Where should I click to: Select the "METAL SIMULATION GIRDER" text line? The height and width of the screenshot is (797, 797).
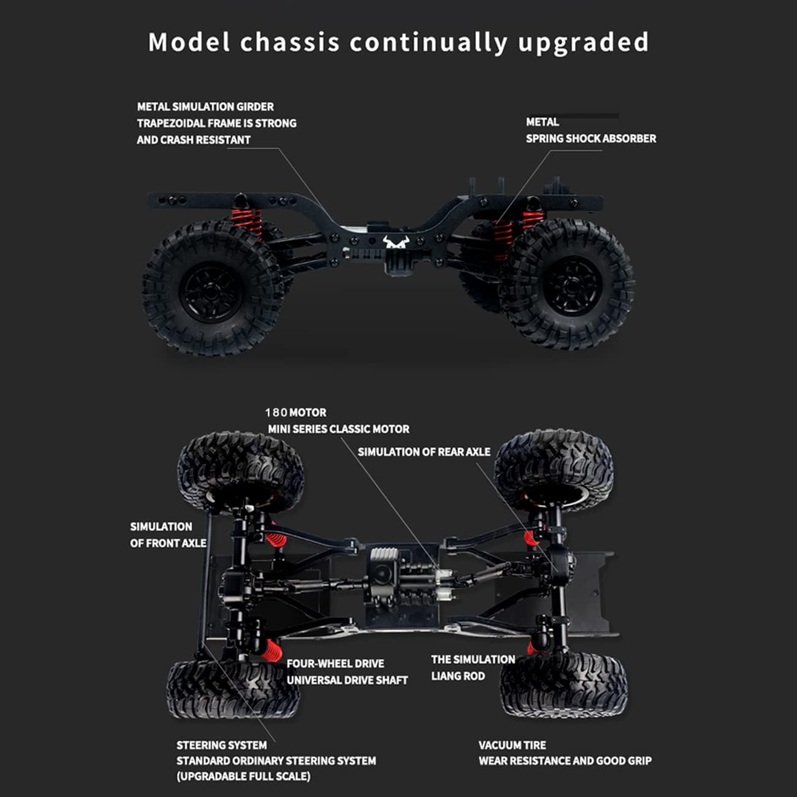[205, 107]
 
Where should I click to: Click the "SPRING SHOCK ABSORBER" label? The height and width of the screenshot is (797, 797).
[590, 139]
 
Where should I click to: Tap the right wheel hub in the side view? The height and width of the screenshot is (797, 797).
[571, 285]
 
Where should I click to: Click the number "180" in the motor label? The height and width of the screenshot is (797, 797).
[276, 413]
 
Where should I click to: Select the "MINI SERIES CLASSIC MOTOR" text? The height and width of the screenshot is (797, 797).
[338, 429]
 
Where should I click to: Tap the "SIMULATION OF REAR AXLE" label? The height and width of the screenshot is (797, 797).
[424, 452]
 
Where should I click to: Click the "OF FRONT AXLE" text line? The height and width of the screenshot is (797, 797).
[168, 543]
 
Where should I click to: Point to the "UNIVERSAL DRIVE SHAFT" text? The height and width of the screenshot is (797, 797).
[347, 680]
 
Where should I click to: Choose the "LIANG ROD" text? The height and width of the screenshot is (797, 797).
[457, 676]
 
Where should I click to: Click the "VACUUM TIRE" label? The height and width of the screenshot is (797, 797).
[512, 745]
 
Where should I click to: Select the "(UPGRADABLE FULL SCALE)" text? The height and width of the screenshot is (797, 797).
[243, 776]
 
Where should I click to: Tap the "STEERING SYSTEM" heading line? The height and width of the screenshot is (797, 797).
[221, 745]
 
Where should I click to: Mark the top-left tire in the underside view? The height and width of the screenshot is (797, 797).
[240, 469]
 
